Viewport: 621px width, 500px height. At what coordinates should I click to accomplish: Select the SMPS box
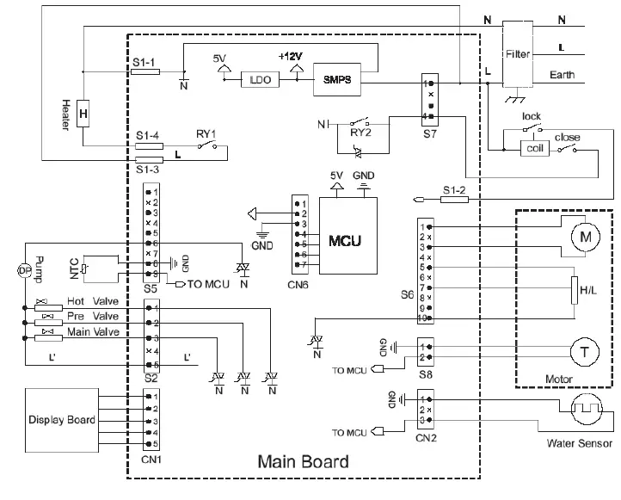coord(337,79)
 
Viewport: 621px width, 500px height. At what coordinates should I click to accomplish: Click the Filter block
coord(518,53)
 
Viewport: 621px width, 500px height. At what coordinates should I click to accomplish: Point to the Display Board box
coord(63,420)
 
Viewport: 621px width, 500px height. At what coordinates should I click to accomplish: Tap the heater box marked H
coord(83,114)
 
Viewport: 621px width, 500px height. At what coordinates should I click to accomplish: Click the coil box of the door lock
coord(534,147)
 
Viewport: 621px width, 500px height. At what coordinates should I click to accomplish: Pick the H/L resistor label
coord(588,291)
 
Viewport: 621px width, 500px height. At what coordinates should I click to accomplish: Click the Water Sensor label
coord(580,444)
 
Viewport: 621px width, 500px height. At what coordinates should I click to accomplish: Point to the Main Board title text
coord(304,462)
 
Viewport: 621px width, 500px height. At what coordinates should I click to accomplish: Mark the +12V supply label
coord(291,55)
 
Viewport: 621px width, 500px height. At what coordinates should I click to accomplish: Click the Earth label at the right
coord(562,76)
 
